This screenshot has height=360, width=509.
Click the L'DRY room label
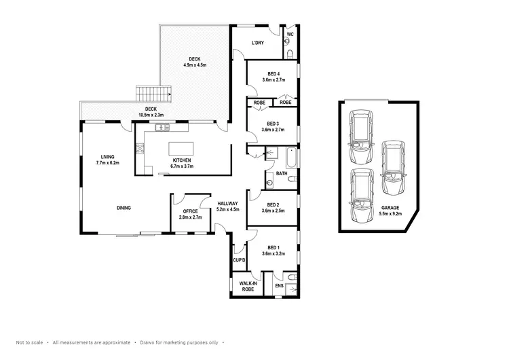point(257,43)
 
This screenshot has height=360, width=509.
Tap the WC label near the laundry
point(289,34)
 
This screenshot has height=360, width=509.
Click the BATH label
point(282,173)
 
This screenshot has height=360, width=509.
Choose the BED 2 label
point(273,204)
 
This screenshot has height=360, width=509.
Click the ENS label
point(278,286)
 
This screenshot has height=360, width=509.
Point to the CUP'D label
point(238,259)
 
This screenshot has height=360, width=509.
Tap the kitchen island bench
point(181,149)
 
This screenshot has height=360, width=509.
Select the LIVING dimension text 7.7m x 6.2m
point(107,163)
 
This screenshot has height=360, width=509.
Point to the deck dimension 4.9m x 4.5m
point(195,65)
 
